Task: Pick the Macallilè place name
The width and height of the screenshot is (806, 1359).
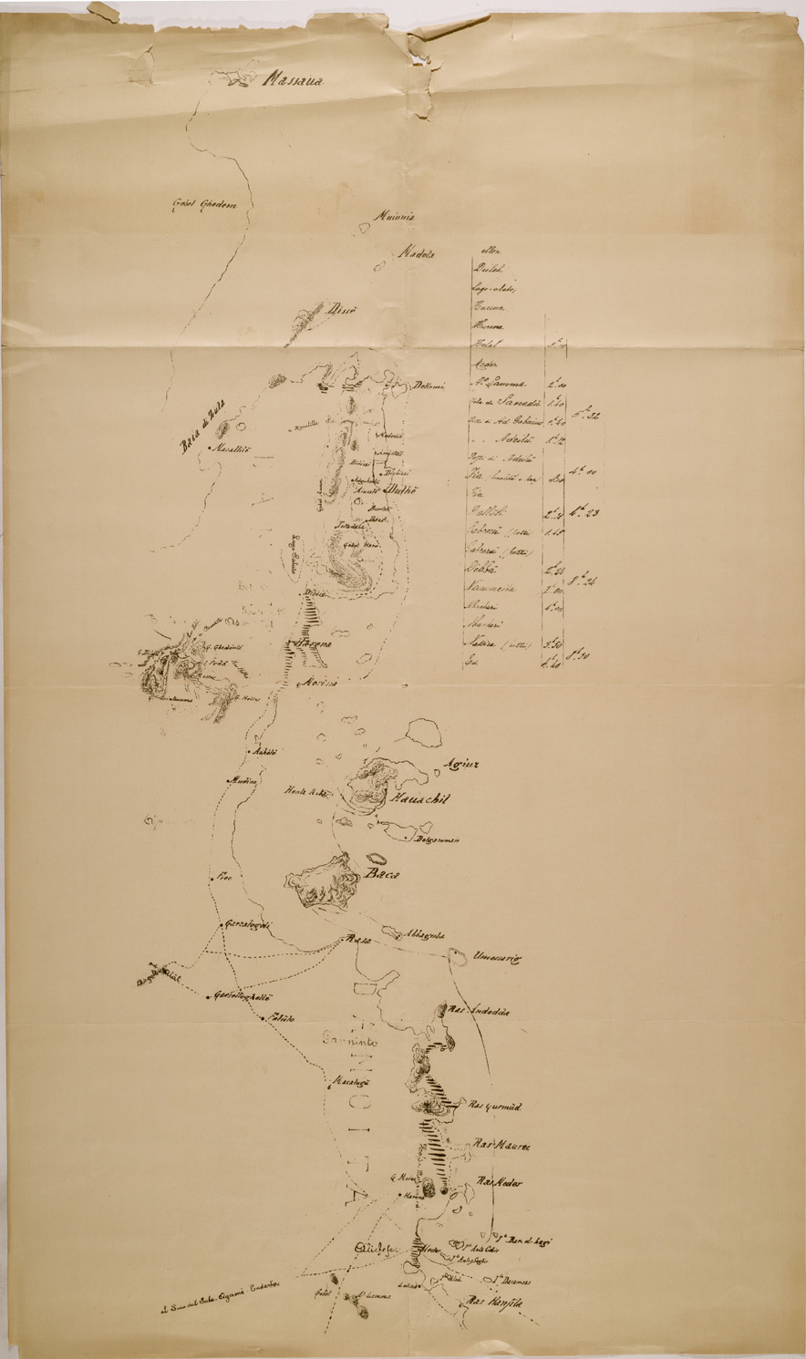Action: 232,448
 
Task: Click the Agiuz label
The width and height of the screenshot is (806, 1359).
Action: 460,764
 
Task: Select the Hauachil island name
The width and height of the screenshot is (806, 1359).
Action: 420,799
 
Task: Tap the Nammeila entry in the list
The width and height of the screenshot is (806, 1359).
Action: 502,589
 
